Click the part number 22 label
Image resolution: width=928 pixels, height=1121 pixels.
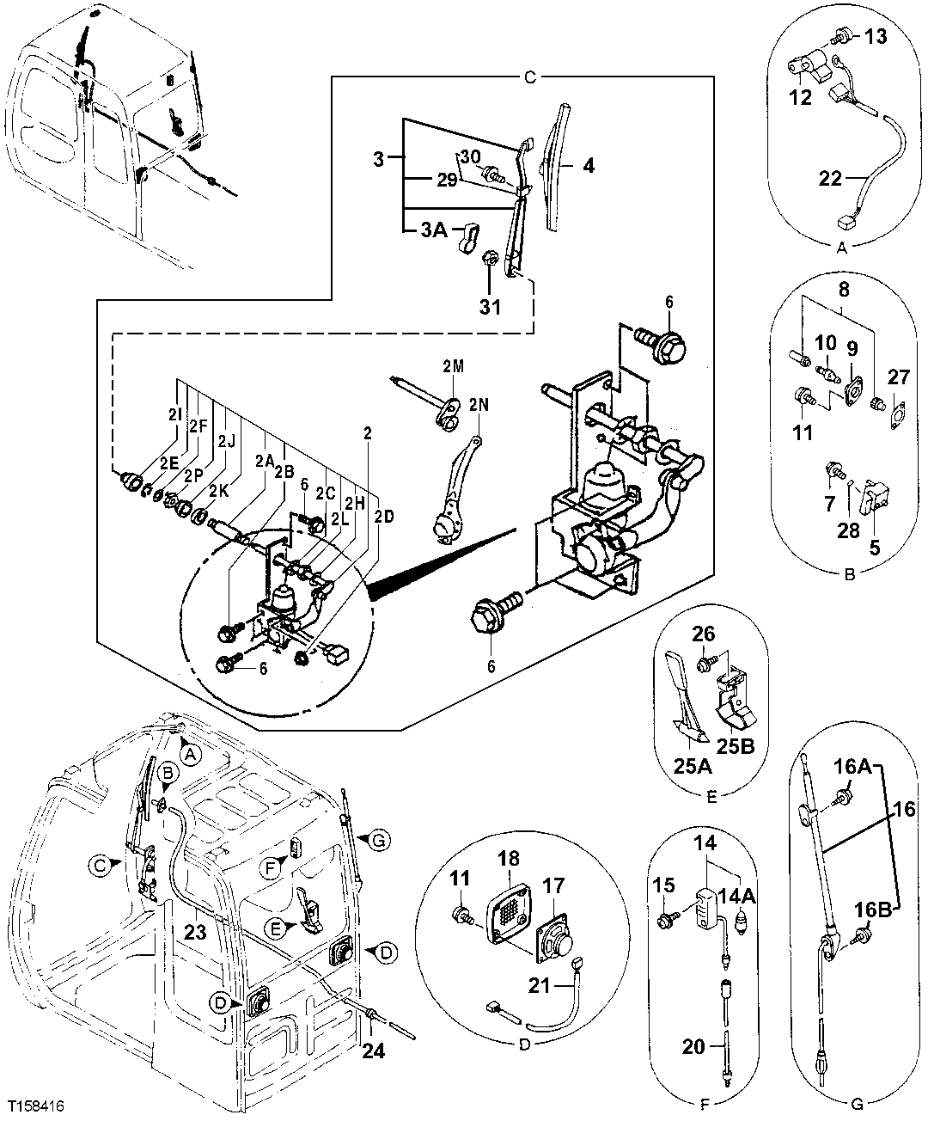point(830,179)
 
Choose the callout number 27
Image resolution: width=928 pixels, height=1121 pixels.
point(898,378)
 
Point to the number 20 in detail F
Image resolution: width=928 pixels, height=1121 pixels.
point(693,1046)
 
